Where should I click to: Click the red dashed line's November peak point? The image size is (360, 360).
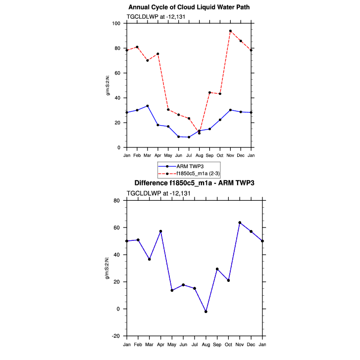click(x=230, y=31)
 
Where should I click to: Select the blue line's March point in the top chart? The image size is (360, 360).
click(x=148, y=106)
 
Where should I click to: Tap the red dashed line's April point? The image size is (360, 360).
click(x=158, y=54)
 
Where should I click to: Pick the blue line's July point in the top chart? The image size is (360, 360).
click(x=189, y=137)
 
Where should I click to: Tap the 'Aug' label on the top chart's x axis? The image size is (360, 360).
click(x=199, y=156)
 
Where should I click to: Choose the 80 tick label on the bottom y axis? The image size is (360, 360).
click(x=117, y=200)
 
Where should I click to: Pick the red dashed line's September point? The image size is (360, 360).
click(x=209, y=92)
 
